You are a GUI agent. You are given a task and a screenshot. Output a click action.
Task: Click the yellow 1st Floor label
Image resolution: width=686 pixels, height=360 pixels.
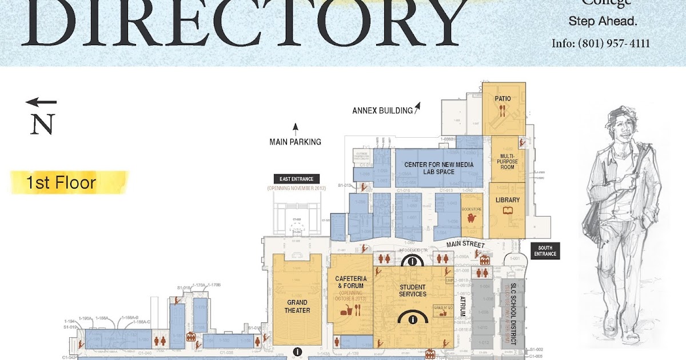(x=60, y=183)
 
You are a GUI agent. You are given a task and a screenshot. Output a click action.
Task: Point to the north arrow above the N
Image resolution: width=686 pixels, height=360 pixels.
(x=41, y=102)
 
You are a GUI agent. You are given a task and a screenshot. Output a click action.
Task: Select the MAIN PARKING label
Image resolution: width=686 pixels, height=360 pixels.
(x=295, y=142)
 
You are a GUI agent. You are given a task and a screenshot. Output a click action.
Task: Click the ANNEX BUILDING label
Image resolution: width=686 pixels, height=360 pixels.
(x=382, y=111)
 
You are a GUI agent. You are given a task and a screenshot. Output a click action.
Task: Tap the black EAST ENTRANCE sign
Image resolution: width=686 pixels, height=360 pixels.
(x=297, y=179)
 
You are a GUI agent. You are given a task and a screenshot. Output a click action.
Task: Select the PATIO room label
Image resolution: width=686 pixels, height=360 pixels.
(x=502, y=99)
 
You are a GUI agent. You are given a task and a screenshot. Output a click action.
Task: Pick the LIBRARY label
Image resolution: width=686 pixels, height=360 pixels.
(x=508, y=200)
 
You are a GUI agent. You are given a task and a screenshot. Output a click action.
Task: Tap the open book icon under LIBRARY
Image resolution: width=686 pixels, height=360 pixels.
(x=508, y=211)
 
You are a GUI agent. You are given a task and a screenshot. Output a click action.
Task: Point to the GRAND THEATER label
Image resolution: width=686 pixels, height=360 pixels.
(x=297, y=306)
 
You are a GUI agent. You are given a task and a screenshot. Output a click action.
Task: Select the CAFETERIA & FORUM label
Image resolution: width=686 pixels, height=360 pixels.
(x=350, y=282)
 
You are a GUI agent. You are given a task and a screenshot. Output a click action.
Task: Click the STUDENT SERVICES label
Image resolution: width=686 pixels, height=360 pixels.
(x=412, y=290)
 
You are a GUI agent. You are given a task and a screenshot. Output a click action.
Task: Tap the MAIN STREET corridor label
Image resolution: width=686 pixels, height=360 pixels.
(x=465, y=245)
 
